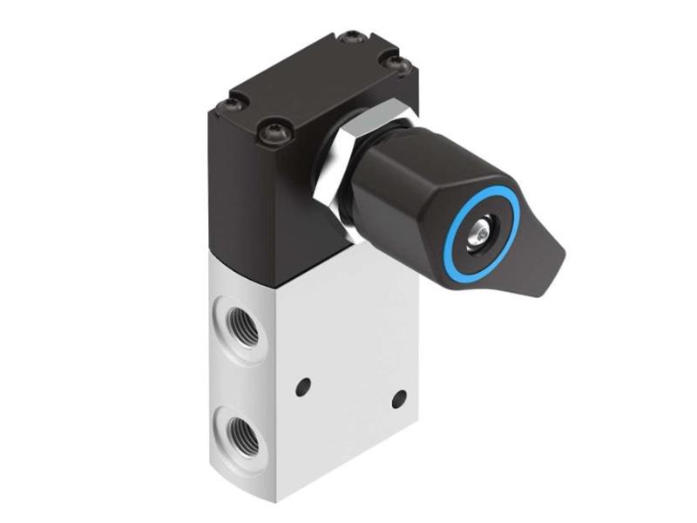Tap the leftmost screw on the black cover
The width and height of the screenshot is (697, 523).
230,105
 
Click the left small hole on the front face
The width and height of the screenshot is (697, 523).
303,384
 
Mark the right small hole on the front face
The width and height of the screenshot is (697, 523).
399,399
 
